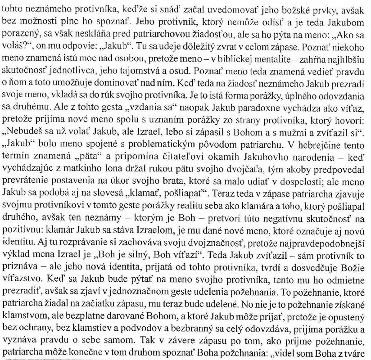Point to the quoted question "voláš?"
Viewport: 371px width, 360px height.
click(16, 47)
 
